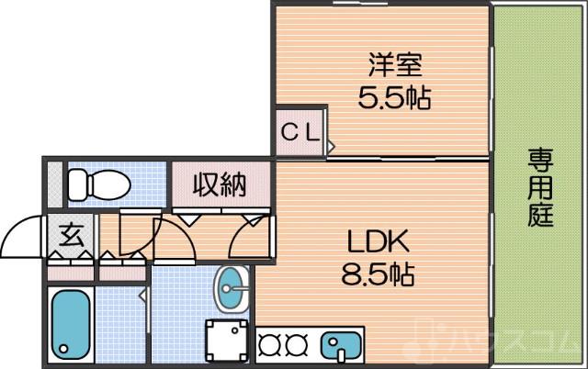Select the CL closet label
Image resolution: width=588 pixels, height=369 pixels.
click(300, 131)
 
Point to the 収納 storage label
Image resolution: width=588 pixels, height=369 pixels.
click(220, 185)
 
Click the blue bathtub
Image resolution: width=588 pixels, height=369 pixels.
click(69, 322)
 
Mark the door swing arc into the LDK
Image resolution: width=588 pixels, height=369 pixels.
click(246, 237)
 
